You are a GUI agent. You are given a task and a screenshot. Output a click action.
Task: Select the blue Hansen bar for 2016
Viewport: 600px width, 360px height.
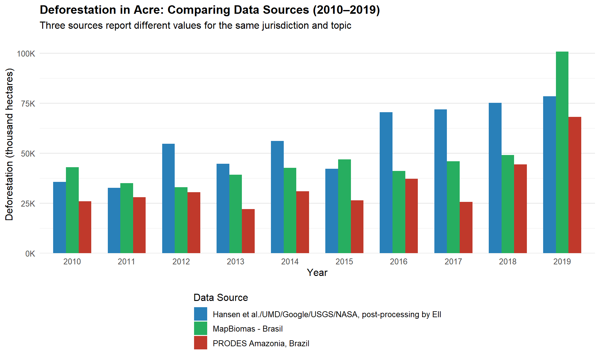386,183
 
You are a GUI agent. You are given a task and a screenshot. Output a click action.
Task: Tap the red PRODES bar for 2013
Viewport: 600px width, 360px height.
248,231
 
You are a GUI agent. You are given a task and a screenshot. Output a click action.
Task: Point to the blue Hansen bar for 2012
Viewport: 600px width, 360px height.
168,198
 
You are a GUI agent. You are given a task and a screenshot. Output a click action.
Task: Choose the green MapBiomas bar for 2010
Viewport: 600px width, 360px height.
72,210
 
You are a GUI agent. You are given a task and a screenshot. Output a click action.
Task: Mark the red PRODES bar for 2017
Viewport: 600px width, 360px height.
466,227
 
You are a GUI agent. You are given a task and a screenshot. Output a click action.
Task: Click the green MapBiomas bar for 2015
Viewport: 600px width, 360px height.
344,206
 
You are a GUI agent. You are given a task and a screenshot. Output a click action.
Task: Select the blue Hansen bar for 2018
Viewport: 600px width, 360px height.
495,178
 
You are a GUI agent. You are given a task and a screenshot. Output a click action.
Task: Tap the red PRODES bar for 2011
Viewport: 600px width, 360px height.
139,225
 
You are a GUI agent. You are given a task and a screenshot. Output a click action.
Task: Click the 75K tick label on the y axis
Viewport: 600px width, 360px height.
28,104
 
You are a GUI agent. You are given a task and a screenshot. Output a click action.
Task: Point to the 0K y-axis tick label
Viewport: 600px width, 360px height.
30,254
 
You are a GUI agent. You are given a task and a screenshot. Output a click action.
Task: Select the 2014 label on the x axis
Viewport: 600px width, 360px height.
290,262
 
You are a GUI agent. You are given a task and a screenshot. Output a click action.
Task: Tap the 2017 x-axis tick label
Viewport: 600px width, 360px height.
453,262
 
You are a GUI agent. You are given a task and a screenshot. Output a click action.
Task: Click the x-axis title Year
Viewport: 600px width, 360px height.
317,272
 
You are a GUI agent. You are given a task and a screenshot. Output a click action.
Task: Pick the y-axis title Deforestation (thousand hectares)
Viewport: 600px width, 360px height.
9,144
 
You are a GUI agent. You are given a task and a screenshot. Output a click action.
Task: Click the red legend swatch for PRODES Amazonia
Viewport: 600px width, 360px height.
200,343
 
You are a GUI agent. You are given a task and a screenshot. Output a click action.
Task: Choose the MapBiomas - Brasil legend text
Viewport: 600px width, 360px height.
247,329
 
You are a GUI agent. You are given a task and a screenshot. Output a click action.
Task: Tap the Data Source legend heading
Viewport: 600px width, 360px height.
221,297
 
